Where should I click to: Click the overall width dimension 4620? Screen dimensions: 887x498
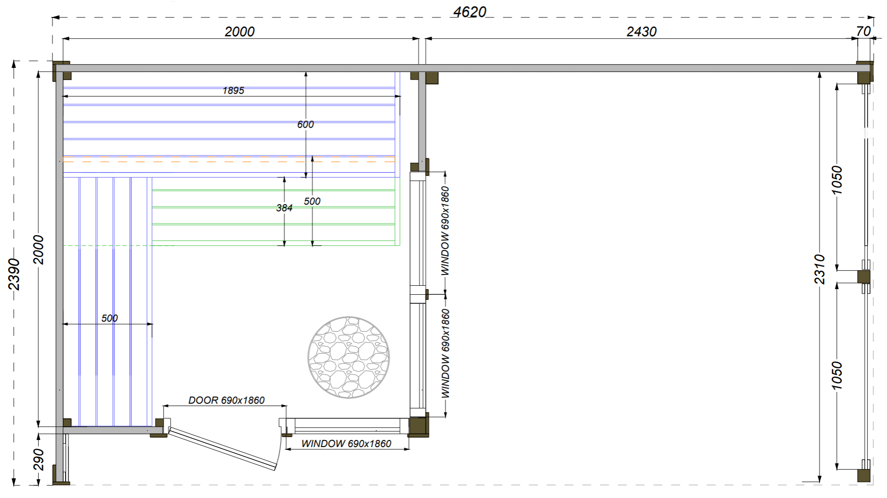[469, 12]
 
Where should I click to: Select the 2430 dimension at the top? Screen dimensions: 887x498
[641, 32]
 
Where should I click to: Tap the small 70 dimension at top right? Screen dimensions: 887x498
[863, 31]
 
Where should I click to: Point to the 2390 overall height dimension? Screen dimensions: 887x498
[14, 274]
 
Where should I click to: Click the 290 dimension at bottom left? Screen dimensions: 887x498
[39, 460]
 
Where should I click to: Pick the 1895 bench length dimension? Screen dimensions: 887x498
[233, 91]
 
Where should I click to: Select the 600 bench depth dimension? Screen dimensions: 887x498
[305, 124]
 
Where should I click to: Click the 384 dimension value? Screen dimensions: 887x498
[284, 208]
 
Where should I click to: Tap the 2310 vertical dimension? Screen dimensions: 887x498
[820, 269]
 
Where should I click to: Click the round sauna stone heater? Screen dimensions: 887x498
[348, 357]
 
